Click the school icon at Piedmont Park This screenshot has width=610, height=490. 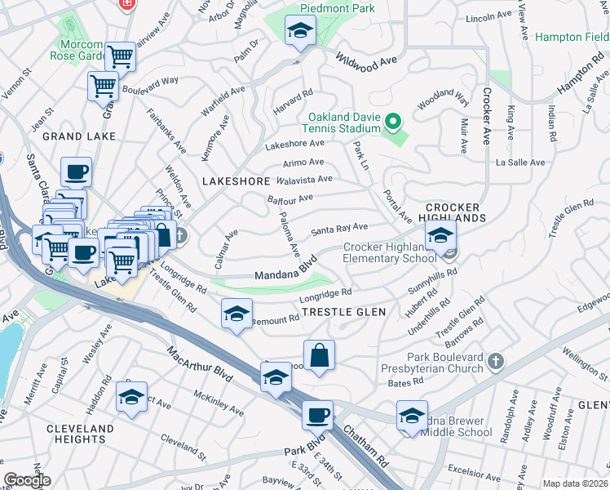(x=300, y=32)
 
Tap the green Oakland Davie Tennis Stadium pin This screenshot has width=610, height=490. (x=394, y=123)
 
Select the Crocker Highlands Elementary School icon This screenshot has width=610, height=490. (x=440, y=237)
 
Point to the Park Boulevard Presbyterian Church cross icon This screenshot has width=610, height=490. (x=495, y=360)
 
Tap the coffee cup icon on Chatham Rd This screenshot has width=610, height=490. (x=317, y=415)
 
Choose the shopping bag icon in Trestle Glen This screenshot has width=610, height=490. (x=319, y=355)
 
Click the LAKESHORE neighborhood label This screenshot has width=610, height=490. (x=236, y=180)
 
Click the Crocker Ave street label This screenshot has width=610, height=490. (x=486, y=116)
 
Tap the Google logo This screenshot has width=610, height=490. (x=27, y=479)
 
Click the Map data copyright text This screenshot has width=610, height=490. (x=574, y=483)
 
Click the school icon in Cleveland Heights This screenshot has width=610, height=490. (x=131, y=397)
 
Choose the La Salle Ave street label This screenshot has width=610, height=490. (x=520, y=163)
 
